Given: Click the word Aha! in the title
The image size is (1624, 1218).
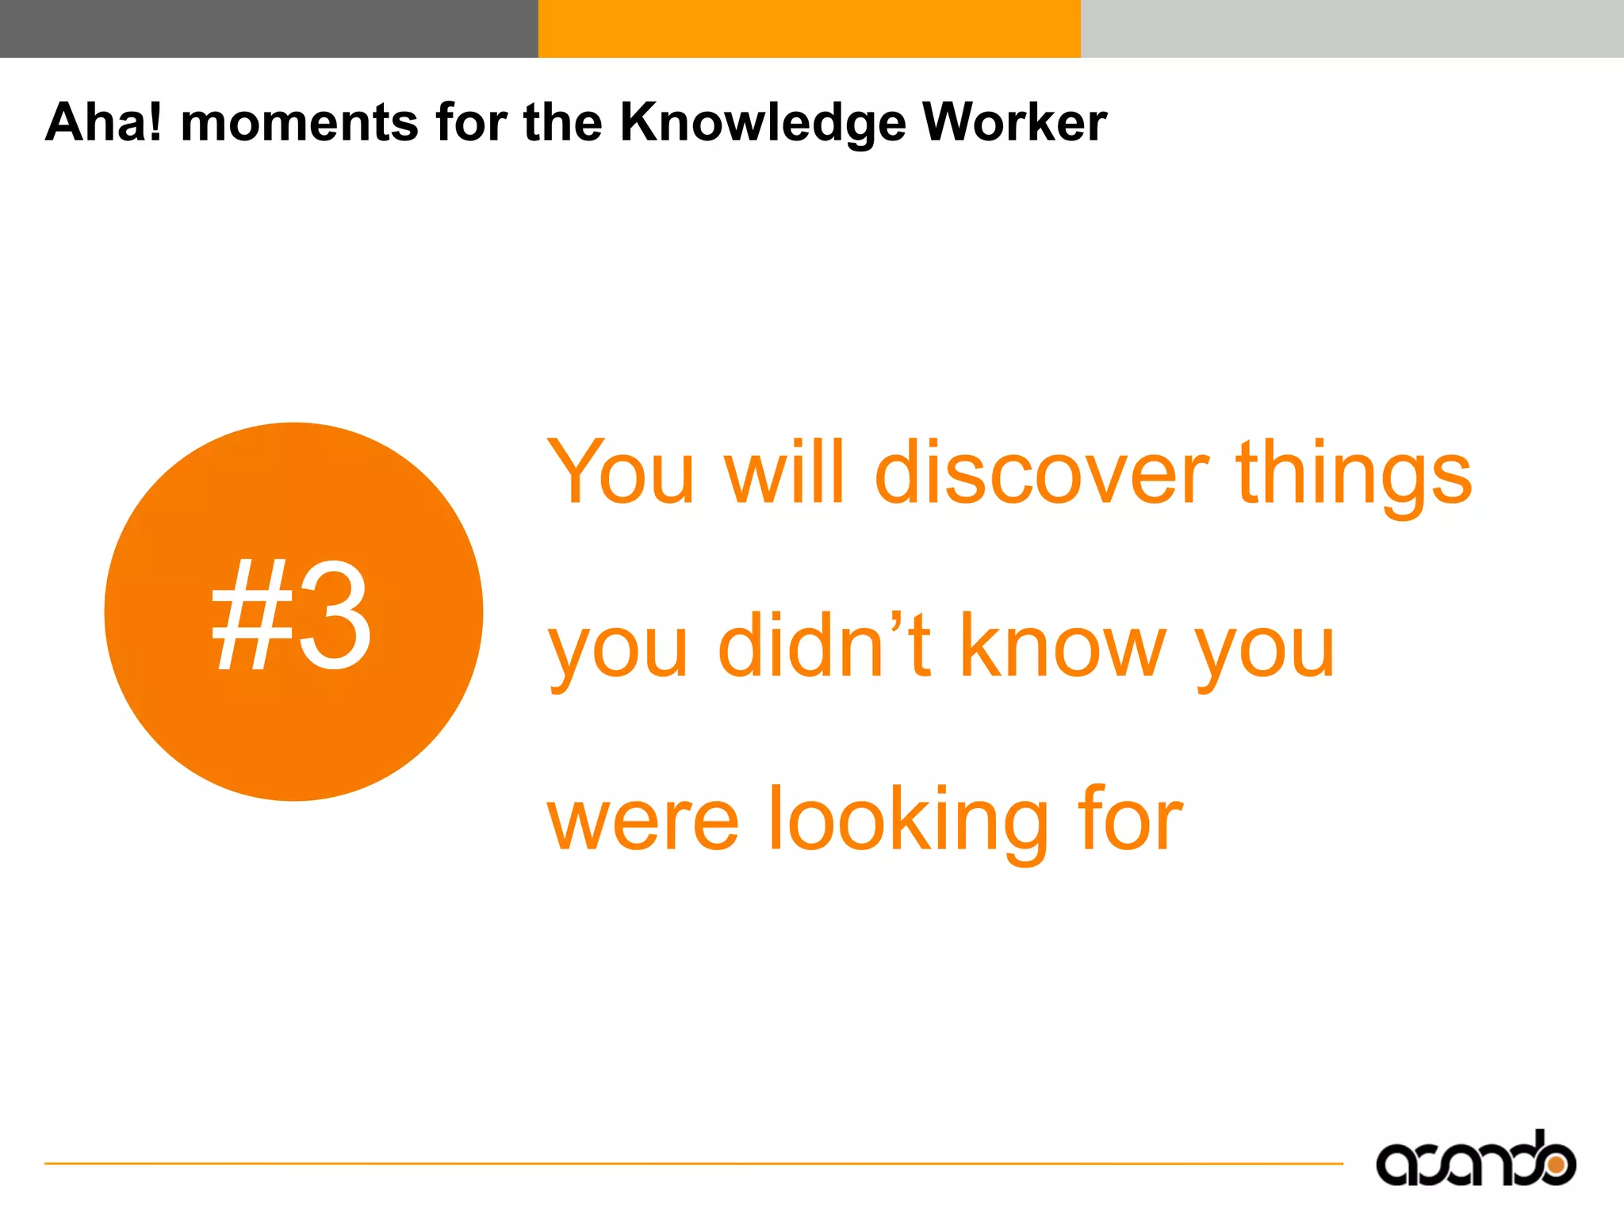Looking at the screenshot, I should click(103, 123).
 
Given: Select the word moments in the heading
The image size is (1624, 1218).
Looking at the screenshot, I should click(299, 123).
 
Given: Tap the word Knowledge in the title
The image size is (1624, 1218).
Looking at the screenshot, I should click(762, 123).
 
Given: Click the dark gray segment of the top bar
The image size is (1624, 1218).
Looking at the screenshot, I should click(269, 29).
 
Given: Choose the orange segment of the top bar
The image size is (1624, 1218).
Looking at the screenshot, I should click(809, 29).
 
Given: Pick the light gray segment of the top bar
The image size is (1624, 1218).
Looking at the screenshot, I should click(1352, 29).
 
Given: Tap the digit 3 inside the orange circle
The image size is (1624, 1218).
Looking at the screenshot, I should click(334, 614).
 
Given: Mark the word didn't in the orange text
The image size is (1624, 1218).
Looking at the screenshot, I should click(824, 645).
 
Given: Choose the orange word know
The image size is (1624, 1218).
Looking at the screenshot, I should click(1063, 645).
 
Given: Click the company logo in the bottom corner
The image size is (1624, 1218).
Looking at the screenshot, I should click(1475, 1161).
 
